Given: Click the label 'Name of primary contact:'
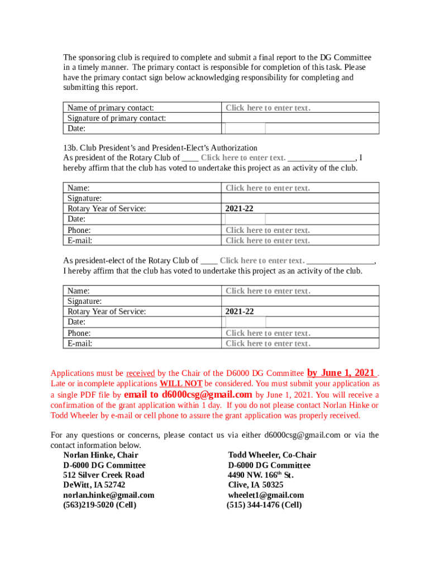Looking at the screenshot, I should (x=111, y=108).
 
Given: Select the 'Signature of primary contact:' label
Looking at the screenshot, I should (x=117, y=118).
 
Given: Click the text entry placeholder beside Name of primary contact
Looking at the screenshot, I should (x=267, y=108).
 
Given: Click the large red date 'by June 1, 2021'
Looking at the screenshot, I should (x=341, y=373).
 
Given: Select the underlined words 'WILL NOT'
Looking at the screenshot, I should (x=181, y=384).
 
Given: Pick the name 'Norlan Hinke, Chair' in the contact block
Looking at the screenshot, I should (x=101, y=455).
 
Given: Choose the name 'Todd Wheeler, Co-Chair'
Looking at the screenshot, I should (x=272, y=455).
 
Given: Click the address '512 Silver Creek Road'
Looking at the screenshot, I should (x=103, y=475).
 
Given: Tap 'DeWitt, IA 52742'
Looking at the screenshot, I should (x=94, y=485).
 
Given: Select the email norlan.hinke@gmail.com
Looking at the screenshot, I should (x=108, y=495).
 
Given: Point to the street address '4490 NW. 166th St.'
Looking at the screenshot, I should (x=261, y=475).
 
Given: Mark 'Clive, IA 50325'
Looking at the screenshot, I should (x=255, y=485).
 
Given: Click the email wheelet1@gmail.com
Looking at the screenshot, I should (x=266, y=495).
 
